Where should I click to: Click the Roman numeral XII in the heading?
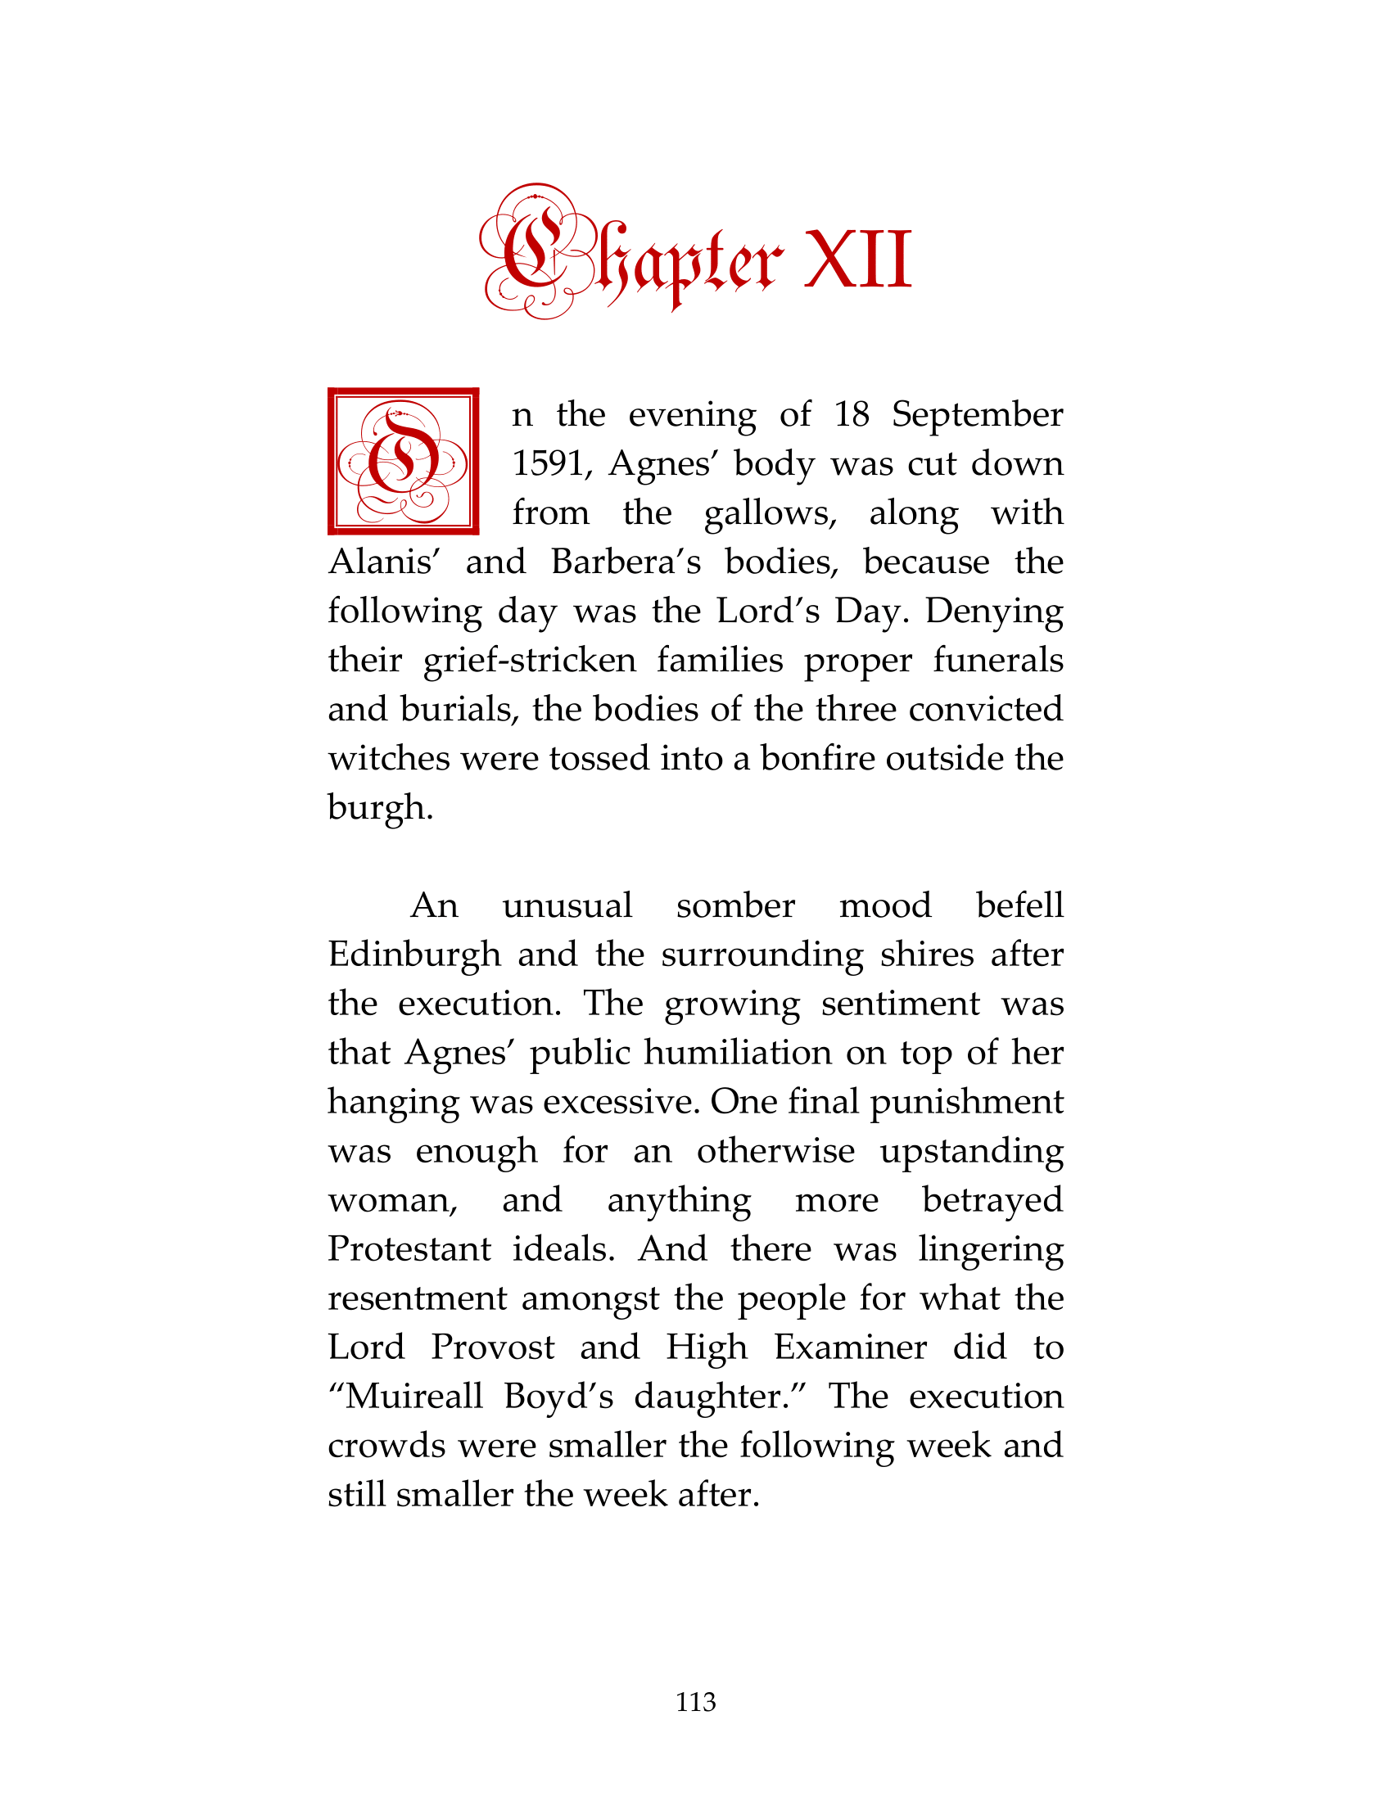coord(857,260)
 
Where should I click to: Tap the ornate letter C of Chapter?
coord(535,251)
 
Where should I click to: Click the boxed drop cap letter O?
coord(403,461)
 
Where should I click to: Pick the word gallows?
coord(771,514)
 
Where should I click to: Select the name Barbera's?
coord(626,562)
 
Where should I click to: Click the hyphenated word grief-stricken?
coord(530,661)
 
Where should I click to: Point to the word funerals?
coord(998,661)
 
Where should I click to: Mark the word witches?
coord(389,759)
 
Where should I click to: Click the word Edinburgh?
coord(414,955)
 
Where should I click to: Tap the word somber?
coord(735,905)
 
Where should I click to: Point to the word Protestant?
coord(409,1249)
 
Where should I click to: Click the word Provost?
coord(493,1347)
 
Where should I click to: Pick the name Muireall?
coord(414,1397)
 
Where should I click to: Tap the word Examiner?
coord(850,1347)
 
